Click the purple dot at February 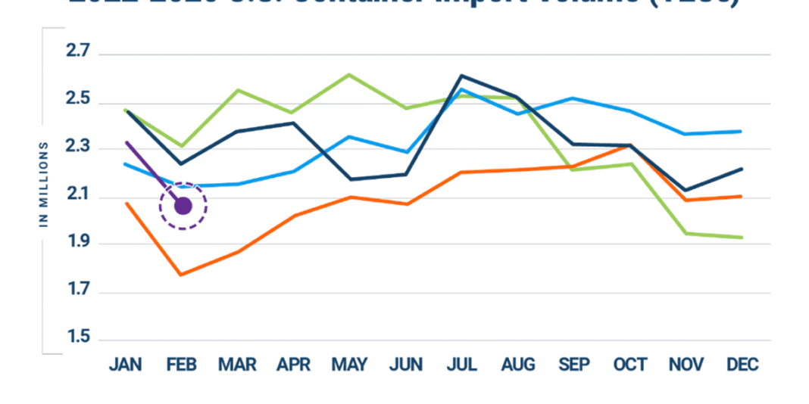183,205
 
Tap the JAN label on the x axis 127,365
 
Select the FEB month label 182,365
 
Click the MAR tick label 238,365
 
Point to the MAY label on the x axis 350,365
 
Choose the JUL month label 462,365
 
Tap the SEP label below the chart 573,365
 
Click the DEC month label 742,365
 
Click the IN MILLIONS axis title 44,184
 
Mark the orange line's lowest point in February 180,274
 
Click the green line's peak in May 348,74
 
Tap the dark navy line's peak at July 461,76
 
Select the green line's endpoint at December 742,237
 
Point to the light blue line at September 573,98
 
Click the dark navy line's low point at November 686,190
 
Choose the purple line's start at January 127,142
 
